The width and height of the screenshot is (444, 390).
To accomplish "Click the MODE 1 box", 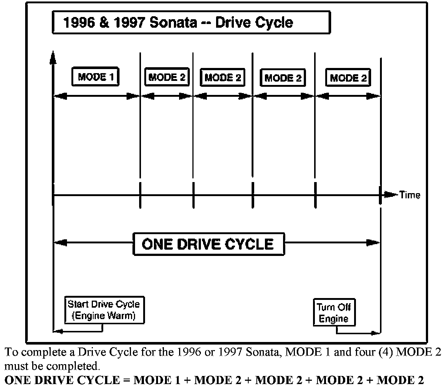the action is [95, 77].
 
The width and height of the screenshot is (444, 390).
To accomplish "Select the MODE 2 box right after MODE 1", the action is [166, 77].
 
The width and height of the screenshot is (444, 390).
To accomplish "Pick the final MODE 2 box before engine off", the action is [348, 78].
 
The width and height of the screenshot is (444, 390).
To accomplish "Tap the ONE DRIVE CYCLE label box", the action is [208, 244].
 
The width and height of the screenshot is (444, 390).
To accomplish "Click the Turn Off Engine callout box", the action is [334, 312].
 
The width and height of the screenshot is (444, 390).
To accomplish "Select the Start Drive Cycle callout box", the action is [104, 310].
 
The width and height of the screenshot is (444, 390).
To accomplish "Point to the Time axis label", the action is [410, 195].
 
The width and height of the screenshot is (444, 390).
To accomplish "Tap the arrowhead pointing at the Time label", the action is [390, 195].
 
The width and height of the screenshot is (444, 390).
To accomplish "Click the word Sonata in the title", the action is [174, 23].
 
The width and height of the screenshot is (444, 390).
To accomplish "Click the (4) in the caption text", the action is [373, 352].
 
